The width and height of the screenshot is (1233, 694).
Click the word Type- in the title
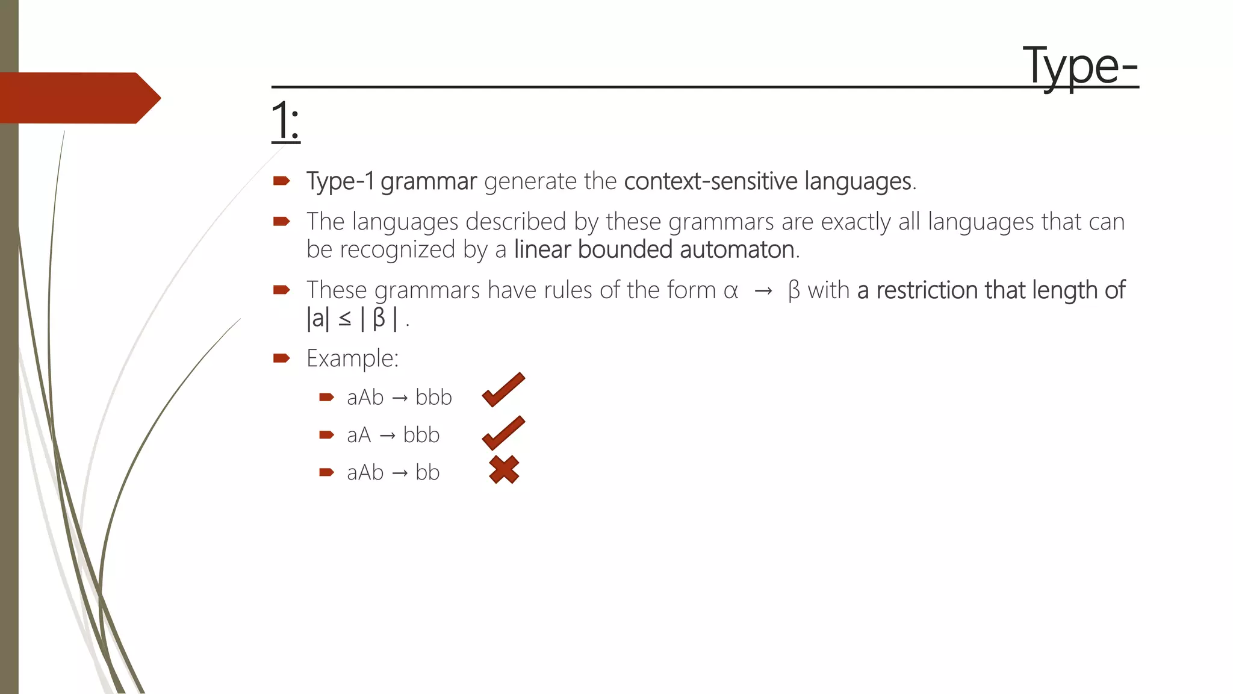pos(1080,66)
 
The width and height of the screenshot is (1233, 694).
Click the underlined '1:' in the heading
pos(285,121)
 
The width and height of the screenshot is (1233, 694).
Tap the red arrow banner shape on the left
pos(78,98)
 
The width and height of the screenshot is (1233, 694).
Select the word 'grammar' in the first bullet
pos(429,181)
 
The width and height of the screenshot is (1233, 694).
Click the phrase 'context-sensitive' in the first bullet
pos(711,181)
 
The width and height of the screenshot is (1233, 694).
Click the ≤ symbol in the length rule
pos(345,319)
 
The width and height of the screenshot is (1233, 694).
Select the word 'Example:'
pos(352,358)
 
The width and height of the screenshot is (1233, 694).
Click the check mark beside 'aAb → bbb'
pos(503,390)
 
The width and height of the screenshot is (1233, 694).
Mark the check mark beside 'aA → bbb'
pos(503,433)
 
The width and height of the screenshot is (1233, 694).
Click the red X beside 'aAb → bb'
pos(504,470)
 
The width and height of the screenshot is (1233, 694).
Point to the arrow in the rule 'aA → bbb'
pos(387,436)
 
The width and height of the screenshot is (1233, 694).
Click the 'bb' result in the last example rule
pos(427,473)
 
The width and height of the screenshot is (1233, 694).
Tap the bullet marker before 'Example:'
pos(281,358)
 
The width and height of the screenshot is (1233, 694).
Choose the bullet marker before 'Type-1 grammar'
pos(281,181)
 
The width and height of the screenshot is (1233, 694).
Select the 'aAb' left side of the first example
pos(365,398)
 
